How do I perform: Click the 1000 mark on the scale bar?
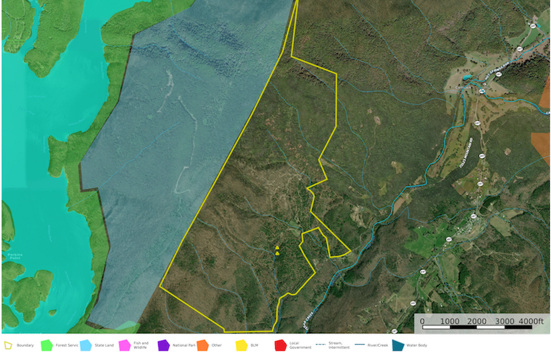pos(450,321)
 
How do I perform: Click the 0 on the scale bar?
pos(422,321)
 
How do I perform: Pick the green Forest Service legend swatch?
pos(46,346)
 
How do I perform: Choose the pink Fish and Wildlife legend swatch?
pos(125,346)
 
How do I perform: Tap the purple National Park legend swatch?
pos(164,346)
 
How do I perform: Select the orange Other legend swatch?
pos(202,346)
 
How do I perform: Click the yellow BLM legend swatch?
pos(241,346)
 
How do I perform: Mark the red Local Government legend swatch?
pos(280,346)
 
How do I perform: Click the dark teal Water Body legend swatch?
pos(398,346)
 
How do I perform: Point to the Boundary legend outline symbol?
pos(8,346)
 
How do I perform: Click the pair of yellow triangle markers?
pos(277,250)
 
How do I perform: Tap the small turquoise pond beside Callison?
pos(467,77)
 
